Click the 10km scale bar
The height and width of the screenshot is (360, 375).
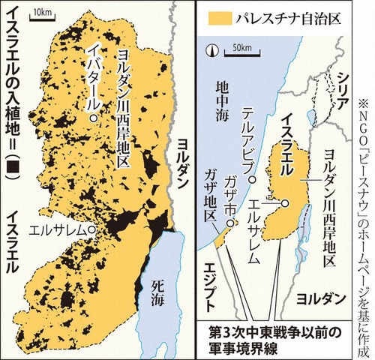point(43,15)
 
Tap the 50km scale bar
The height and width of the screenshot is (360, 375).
point(239,50)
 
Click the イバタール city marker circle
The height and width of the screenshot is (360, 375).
point(92,119)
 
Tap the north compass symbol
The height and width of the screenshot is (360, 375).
point(214,51)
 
